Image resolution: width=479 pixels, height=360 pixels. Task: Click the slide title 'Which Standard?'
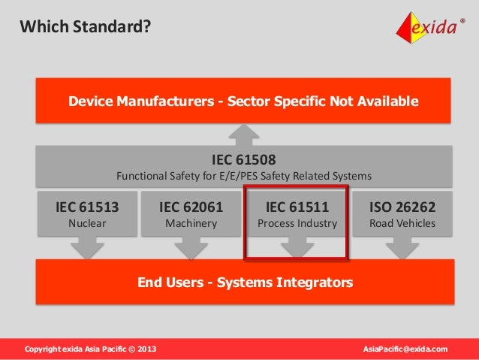point(85,28)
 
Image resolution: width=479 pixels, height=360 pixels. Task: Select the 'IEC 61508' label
point(244,160)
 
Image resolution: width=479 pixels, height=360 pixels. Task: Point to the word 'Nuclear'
point(87,223)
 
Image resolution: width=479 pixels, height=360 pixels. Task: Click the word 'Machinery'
point(191,223)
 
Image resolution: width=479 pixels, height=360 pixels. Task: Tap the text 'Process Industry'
point(297,223)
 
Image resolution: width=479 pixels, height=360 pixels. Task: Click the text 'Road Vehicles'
point(402,223)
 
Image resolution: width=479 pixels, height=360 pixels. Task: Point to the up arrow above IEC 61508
point(244,135)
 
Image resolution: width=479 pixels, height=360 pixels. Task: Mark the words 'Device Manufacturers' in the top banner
point(140,101)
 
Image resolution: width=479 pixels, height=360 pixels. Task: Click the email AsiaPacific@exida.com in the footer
point(405,349)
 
